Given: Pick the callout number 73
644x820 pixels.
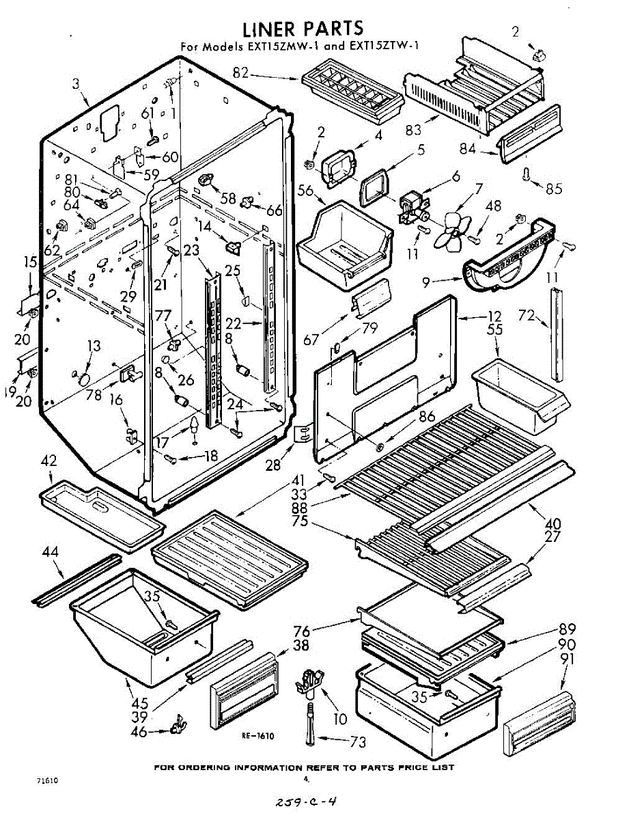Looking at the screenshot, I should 357,742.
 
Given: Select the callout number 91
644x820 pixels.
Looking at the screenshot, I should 566,659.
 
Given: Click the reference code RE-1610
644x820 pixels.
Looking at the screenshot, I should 257,736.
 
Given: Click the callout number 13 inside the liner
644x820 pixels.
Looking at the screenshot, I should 94,346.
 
